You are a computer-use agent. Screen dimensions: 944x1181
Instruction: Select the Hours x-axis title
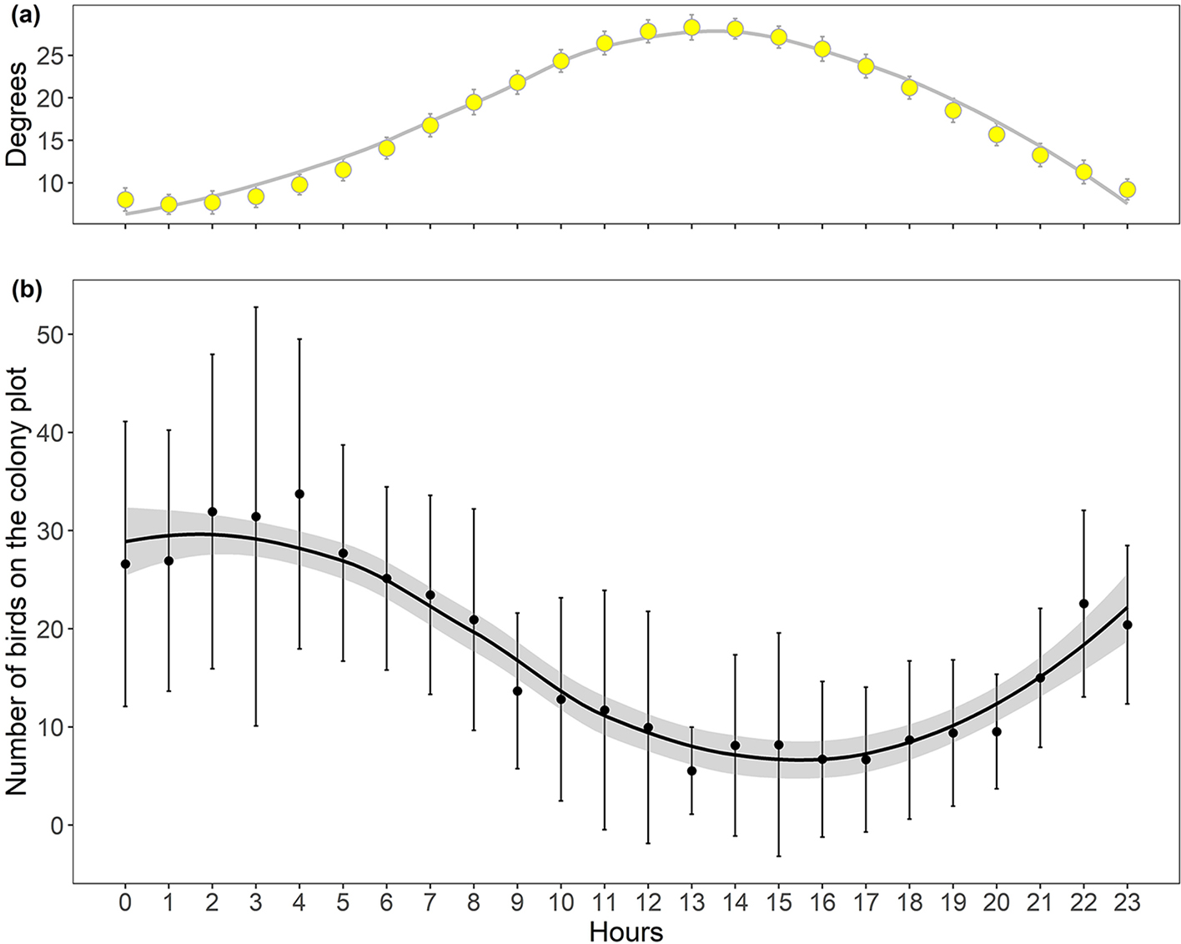(626, 931)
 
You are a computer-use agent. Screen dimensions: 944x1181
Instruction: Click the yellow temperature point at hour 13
(691, 28)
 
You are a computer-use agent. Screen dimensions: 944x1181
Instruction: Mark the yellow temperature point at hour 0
(125, 199)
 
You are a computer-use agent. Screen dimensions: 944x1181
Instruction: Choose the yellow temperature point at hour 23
(1128, 189)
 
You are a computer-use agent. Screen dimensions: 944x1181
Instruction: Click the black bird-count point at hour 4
(299, 494)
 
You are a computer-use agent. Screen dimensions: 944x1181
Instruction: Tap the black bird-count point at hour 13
(691, 771)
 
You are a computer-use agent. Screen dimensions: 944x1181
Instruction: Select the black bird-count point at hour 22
(1083, 603)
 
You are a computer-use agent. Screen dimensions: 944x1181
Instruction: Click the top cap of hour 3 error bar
(256, 307)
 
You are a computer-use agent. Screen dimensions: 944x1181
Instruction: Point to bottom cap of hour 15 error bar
(779, 856)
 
